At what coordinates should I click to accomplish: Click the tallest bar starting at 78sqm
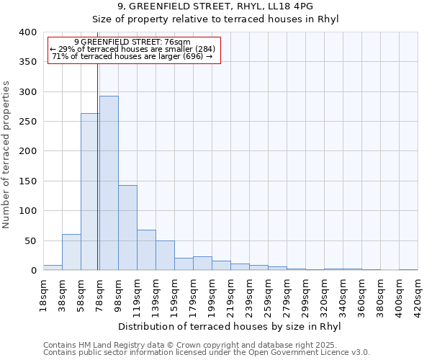pos(109,183)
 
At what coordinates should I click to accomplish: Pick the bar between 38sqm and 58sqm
pos(71,252)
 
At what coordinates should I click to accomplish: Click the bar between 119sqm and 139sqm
pos(146,250)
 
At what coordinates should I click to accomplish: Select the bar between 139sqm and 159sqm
pos(165,256)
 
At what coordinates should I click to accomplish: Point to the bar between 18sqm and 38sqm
pos(53,267)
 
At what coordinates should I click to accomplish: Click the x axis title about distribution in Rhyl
pos(228,327)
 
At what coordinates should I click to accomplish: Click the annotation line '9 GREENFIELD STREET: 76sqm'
pos(132,42)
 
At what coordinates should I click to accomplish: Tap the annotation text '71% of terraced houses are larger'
pos(132,56)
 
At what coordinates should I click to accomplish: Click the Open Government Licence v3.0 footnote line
pos(207,353)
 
